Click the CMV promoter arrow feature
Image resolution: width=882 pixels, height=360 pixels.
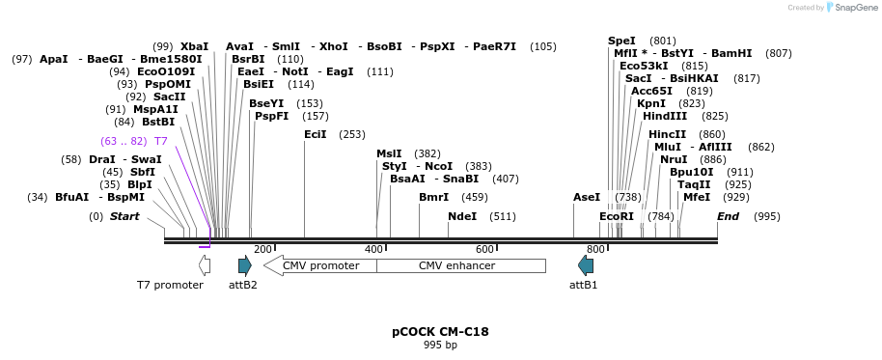[x=319, y=265]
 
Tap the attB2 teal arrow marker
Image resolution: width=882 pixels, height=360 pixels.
[x=244, y=265]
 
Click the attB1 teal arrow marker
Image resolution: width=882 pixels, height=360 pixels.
[x=586, y=265]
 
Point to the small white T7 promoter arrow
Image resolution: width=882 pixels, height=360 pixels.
[x=204, y=265]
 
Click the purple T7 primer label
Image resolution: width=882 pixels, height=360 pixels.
[x=161, y=141]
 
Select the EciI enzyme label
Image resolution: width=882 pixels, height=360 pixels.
[x=315, y=134]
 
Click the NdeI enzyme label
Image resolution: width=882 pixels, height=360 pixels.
[x=462, y=216]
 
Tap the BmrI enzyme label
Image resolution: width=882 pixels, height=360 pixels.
[x=433, y=197]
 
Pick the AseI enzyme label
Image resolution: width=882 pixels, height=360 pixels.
[x=587, y=197]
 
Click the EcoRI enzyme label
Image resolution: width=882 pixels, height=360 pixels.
[x=617, y=216]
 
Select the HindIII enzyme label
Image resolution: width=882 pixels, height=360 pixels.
[x=665, y=116]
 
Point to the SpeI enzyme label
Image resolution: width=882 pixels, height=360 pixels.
[x=621, y=41]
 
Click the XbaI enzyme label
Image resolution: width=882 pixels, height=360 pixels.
[x=194, y=46]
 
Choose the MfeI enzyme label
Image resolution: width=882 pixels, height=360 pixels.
[x=696, y=197]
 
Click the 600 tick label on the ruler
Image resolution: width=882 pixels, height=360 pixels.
[x=485, y=249]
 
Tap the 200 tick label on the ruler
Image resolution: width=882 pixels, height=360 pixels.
[x=262, y=249]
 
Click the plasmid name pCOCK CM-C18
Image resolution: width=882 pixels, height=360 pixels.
[x=440, y=331]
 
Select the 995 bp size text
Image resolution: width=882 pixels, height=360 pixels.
[x=440, y=345]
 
